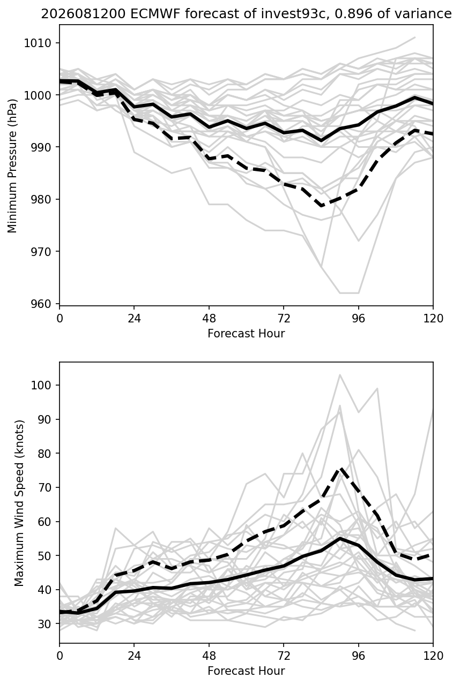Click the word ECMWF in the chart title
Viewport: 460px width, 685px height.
(155, 14)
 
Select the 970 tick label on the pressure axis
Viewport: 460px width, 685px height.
(41, 252)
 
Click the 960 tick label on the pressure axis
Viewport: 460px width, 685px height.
(41, 304)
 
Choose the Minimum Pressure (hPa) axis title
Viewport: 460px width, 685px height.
(12, 165)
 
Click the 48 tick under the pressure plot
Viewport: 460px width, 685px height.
(209, 318)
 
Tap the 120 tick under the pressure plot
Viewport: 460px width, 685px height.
(433, 318)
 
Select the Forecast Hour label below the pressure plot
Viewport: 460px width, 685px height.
(246, 333)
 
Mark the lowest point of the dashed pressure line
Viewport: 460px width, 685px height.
(321, 206)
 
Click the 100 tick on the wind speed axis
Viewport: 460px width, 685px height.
(41, 385)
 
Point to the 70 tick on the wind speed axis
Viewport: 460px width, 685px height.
(44, 487)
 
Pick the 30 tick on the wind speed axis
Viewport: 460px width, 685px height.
(44, 623)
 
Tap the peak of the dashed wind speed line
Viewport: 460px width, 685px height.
(340, 469)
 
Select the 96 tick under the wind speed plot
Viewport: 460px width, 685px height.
(358, 656)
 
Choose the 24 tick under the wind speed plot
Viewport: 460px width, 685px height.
(134, 656)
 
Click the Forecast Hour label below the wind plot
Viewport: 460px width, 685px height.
(246, 671)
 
